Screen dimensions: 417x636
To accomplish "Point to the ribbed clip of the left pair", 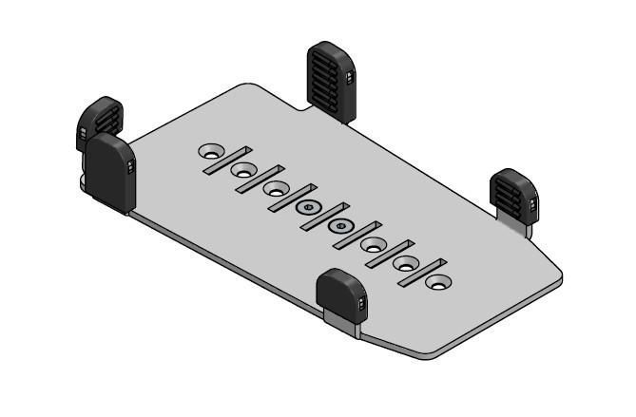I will pos(98,121).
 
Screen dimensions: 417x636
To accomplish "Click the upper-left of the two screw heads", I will pos(307,207).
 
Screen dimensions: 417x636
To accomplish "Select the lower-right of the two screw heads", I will pos(340,226).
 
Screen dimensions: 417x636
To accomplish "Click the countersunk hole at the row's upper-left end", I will pos(210,151).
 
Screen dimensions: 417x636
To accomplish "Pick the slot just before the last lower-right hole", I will pos(421,272).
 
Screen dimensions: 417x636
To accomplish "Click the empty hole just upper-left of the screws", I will pos(276,189).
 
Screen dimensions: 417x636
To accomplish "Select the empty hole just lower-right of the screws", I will pos(373,245).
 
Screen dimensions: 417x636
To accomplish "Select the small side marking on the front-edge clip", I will pos(362,302).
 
